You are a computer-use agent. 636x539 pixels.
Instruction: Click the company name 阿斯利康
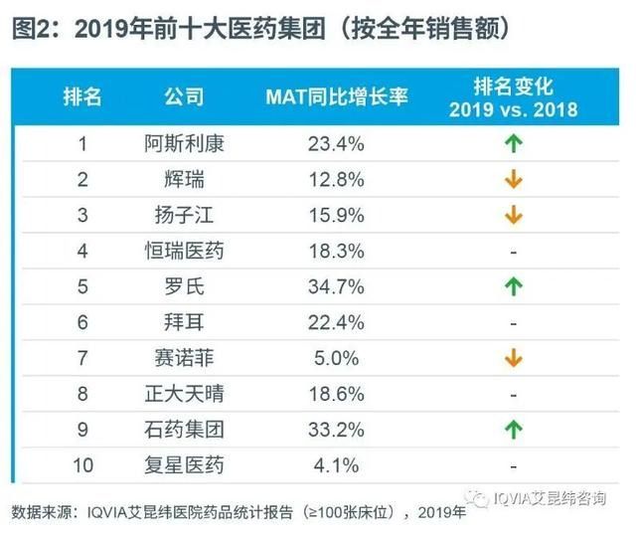184,143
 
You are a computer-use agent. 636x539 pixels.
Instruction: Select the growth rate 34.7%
336,286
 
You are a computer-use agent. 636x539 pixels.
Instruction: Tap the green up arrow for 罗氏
513,286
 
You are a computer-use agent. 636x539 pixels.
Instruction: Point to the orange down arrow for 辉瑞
513,180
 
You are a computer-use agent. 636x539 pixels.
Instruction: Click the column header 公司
184,96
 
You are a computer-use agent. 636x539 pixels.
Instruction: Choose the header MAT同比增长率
336,96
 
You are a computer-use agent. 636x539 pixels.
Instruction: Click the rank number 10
83,464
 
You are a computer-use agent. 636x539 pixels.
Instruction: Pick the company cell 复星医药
184,464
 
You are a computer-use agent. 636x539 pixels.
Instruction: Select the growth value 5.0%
336,358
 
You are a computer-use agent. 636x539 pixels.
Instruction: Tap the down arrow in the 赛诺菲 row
513,358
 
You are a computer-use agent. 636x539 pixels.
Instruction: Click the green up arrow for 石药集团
513,430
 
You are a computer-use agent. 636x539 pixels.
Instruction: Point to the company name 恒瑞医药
184,251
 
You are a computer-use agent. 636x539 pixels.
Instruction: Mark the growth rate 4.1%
336,464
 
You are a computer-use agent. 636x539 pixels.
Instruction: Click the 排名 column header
83,96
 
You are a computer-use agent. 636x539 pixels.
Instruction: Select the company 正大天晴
184,394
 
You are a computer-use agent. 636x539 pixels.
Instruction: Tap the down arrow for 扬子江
513,215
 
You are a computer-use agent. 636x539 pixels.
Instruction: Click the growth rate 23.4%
336,143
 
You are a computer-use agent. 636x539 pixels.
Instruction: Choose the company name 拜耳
184,322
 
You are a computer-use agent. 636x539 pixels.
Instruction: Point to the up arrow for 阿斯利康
513,143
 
